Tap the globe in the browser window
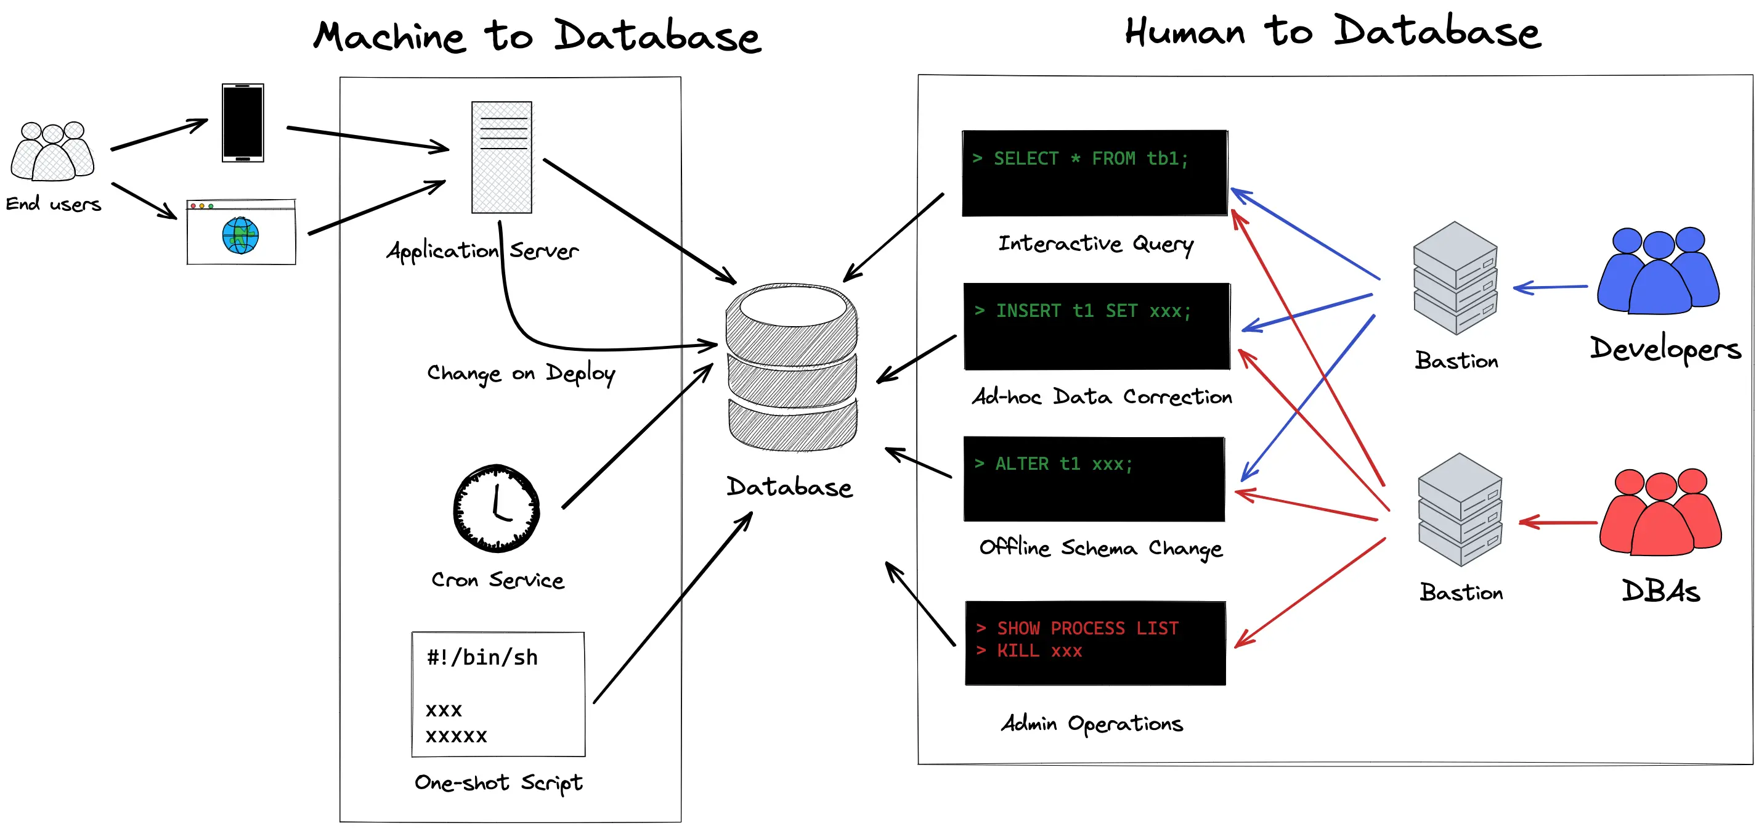click(x=240, y=235)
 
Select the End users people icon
click(x=52, y=152)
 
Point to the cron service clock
click(x=497, y=508)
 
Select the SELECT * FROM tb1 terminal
click(x=1095, y=173)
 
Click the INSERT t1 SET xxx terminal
click(x=1097, y=326)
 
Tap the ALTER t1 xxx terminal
click(x=1094, y=479)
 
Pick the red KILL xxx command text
click(x=1039, y=651)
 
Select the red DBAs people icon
click(x=1660, y=512)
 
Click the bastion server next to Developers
click(x=1455, y=278)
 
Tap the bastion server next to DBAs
click(x=1460, y=510)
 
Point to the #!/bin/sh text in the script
click(x=482, y=658)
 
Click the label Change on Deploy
click(x=521, y=374)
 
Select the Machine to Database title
click(x=537, y=36)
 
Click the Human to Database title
click(x=1333, y=32)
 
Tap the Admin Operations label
click(x=1092, y=723)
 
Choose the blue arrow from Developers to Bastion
click(x=1550, y=288)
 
